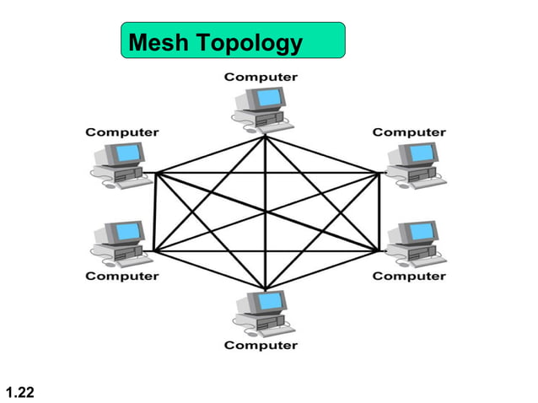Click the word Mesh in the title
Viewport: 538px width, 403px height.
pos(156,41)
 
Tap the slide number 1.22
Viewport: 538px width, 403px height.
pos(19,390)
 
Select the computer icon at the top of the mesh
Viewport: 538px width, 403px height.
pos(261,108)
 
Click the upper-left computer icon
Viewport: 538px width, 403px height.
pos(117,163)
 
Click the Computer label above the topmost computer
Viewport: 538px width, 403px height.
pos(260,77)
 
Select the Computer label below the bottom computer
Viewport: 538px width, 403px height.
pos(260,346)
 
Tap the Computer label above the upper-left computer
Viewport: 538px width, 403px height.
pos(122,132)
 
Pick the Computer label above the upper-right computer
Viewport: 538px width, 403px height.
pos(409,132)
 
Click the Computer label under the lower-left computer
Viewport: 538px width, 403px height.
pos(122,276)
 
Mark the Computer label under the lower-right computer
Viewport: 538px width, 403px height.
pos(409,276)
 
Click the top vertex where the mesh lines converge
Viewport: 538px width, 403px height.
pos(266,137)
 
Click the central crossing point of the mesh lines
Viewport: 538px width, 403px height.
pos(266,212)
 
